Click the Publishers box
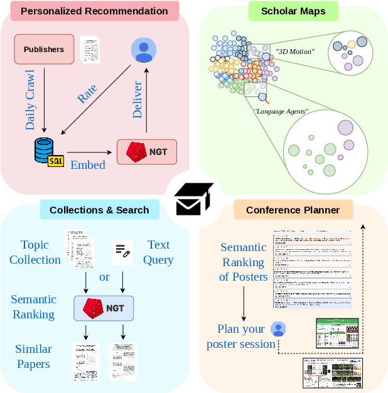click(x=44, y=50)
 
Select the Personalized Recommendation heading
click(x=94, y=11)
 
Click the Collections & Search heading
click(x=99, y=210)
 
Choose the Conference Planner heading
click(x=293, y=210)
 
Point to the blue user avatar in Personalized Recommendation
click(x=144, y=50)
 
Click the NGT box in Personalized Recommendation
click(x=147, y=152)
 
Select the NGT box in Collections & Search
click(x=104, y=308)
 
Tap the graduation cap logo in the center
click(x=194, y=200)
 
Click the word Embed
click(x=87, y=165)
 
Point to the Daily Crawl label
click(x=30, y=100)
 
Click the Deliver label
click(x=138, y=99)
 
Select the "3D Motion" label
click(x=295, y=52)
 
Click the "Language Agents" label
click(x=281, y=111)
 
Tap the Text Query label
click(x=159, y=252)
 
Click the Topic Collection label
click(x=35, y=252)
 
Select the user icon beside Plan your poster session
click(x=278, y=328)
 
